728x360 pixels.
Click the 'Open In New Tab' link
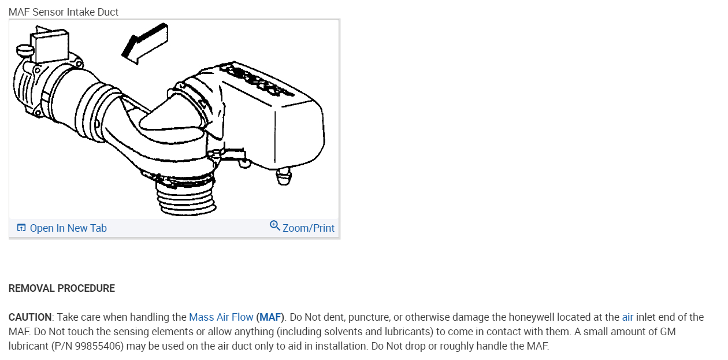[x=68, y=228]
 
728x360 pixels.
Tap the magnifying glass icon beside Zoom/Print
[x=274, y=226]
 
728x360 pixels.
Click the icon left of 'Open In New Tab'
[x=21, y=228]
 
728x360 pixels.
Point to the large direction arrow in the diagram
[x=145, y=44]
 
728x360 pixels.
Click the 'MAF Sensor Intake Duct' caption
[x=64, y=12]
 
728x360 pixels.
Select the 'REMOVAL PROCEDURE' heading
[x=62, y=288]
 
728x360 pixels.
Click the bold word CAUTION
[x=30, y=317]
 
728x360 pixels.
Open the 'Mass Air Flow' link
[x=221, y=317]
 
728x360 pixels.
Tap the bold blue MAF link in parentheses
[x=270, y=317]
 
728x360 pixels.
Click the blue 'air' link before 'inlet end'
[x=627, y=317]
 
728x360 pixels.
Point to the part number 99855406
[x=98, y=346]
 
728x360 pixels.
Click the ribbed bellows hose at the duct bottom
[x=185, y=198]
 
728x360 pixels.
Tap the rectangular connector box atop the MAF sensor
[x=50, y=46]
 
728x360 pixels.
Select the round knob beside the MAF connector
[x=25, y=51]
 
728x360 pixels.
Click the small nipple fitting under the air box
[x=284, y=176]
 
